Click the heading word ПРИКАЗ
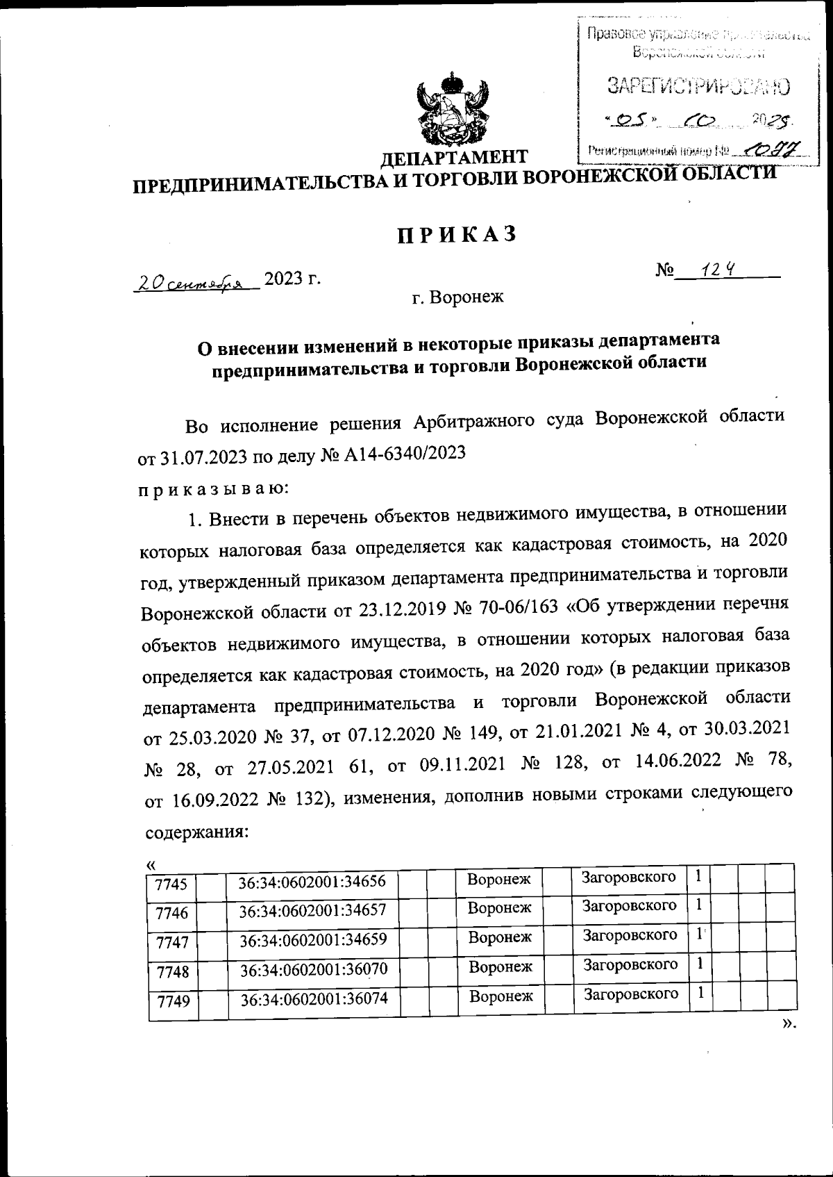(x=457, y=235)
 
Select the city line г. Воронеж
(x=457, y=298)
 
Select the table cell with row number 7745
(x=171, y=884)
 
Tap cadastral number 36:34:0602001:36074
(x=314, y=1000)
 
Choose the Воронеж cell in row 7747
(x=500, y=937)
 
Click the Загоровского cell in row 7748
(x=630, y=964)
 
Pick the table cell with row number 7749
(x=174, y=1001)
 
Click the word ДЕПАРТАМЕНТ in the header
(x=455, y=157)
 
